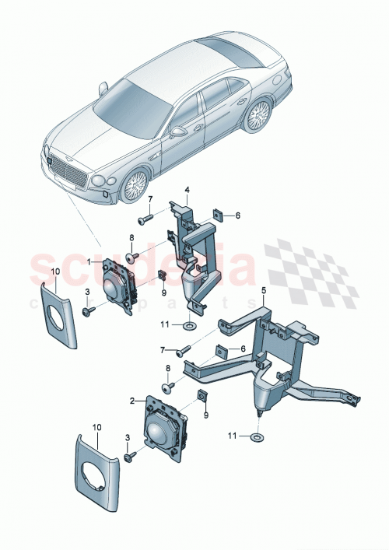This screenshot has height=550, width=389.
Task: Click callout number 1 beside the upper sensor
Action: (89, 262)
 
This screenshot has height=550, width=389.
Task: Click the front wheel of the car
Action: (134, 184)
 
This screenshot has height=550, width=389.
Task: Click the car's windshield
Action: (131, 100)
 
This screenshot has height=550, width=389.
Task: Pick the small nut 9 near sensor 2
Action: (202, 397)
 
